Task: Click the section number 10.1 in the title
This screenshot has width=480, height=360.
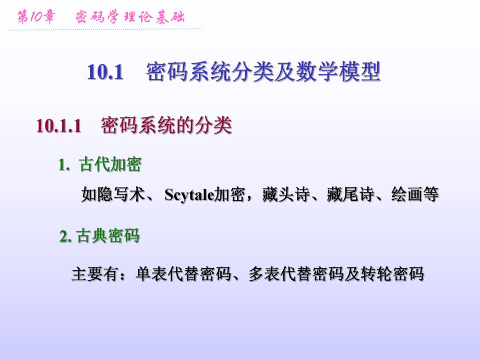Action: point(105,73)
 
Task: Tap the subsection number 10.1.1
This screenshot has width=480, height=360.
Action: point(59,126)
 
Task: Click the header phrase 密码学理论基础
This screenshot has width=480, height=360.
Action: point(130,17)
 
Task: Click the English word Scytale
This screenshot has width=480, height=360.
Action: point(190,195)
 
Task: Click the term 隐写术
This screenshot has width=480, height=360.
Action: point(121,195)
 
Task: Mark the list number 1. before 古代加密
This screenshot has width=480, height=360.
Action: point(64,165)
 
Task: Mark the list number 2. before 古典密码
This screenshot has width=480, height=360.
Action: point(65,236)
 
